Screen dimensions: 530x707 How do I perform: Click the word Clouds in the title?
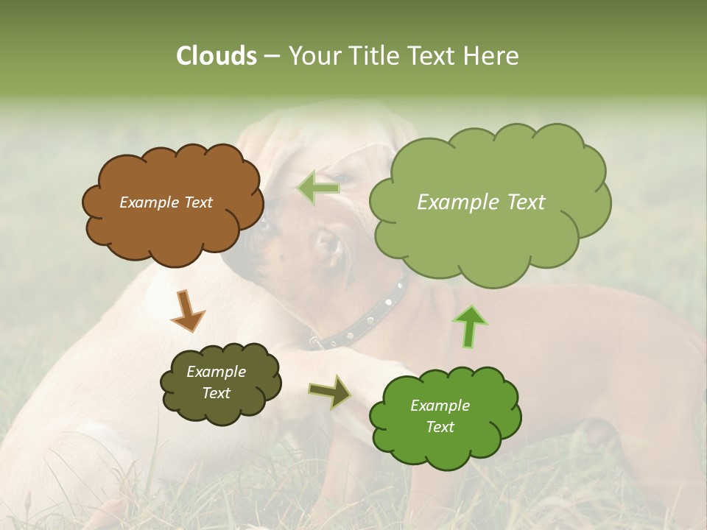216,56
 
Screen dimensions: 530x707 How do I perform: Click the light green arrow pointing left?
319,188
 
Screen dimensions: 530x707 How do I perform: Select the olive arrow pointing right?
330,392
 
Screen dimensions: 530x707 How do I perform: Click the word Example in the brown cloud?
149,202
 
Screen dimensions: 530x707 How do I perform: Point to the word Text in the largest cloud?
521,202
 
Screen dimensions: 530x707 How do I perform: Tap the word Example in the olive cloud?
216,372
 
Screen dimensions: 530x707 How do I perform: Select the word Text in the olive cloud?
216,393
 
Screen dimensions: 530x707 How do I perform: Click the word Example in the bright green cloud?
440,406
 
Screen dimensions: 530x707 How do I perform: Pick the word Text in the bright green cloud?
440,427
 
